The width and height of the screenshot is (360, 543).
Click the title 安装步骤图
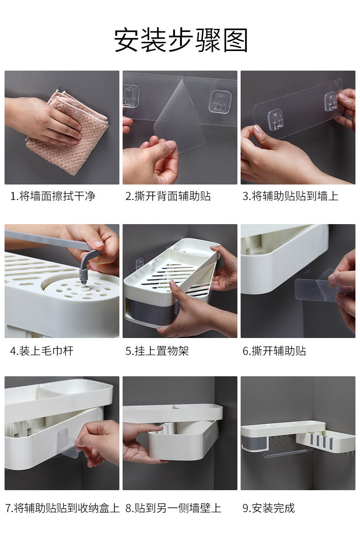coord(181,41)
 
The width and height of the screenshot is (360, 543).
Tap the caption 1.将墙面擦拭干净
coord(53,196)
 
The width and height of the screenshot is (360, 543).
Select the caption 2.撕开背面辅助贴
coord(168,196)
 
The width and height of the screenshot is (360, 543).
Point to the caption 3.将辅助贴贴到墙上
coord(290,196)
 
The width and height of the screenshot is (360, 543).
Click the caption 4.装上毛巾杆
coord(41,351)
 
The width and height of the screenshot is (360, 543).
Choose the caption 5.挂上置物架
coord(157,351)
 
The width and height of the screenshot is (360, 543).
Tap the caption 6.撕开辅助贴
coord(274,351)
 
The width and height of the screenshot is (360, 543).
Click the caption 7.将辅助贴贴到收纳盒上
coord(62,508)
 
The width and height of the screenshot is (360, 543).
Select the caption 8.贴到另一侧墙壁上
coord(173,508)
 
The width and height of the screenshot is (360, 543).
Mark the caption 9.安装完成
coord(268,508)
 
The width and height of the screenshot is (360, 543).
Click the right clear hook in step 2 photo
coord(217,102)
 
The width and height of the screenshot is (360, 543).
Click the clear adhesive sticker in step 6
coord(314,286)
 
